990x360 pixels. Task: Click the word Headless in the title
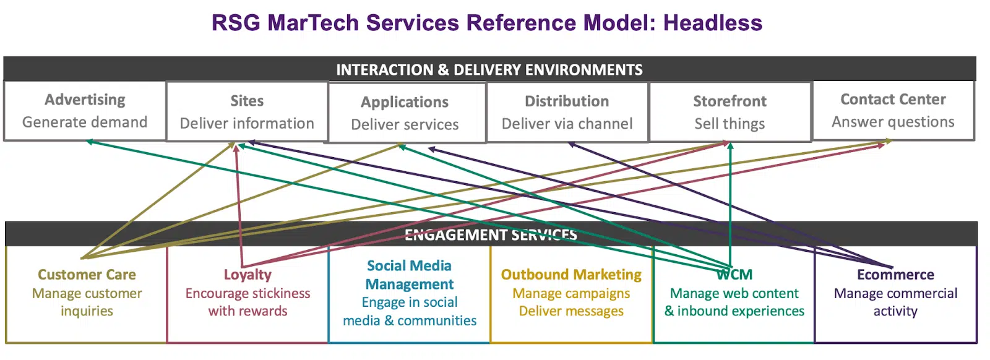(712, 23)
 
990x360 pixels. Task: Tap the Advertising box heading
(85, 100)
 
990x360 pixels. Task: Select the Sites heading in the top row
(247, 101)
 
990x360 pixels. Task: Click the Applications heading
(405, 102)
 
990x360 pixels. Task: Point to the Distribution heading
(567, 101)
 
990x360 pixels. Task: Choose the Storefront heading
(730, 101)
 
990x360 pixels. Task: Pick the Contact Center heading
(893, 100)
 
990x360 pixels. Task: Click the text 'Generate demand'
(85, 122)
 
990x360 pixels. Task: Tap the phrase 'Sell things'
(730, 124)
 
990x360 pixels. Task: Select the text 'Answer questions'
(893, 122)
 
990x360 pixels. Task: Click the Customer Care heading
(87, 275)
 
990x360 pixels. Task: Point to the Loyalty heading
(247, 275)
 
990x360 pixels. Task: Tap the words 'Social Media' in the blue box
(409, 266)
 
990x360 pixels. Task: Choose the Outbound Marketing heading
(571, 275)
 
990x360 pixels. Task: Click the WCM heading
(734, 275)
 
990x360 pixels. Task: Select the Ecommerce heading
(895, 275)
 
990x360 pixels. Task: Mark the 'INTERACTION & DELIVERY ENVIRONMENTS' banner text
(489, 70)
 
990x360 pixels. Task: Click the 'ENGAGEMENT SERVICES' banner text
(491, 235)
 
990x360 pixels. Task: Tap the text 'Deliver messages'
(571, 311)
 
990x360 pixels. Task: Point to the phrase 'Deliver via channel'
(567, 124)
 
